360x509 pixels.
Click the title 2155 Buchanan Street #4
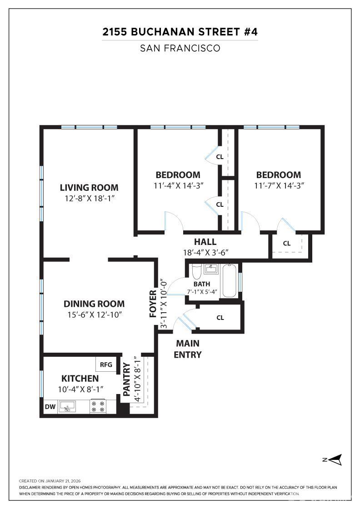[x=180, y=32]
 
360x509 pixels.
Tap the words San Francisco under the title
[x=180, y=48]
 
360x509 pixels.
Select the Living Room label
[x=89, y=187]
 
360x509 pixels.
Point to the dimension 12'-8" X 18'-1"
[x=89, y=198]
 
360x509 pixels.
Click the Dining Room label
[x=94, y=304]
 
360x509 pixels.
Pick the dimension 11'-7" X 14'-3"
[x=278, y=185]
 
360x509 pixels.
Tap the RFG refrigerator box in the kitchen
[x=106, y=364]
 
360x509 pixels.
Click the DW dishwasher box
[x=50, y=407]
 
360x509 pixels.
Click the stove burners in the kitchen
[x=97, y=406]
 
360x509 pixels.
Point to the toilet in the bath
[x=196, y=272]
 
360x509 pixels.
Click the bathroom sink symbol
[x=211, y=269]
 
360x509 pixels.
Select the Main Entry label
[x=187, y=349]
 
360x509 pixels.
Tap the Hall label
[x=205, y=242]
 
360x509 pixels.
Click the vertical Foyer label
[x=153, y=303]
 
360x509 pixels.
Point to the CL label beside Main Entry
[x=220, y=318]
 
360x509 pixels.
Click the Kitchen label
[x=80, y=378]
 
